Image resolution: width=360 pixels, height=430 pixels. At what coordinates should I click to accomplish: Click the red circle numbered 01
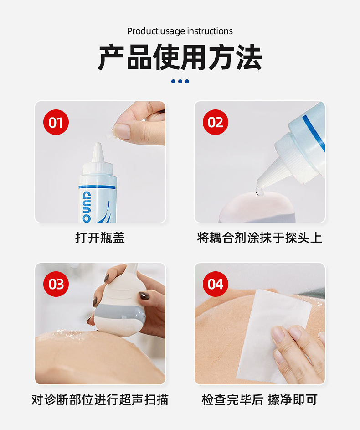56,122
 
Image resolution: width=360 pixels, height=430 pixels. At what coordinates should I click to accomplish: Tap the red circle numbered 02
216,122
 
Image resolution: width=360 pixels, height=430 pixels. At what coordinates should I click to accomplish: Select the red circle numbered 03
56,284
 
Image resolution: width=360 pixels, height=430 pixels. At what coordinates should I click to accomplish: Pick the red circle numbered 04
216,284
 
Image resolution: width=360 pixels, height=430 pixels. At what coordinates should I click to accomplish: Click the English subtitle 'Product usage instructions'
180,31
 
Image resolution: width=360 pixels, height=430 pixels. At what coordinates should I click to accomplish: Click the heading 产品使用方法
180,57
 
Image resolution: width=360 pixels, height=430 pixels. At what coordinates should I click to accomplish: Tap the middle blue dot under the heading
180,81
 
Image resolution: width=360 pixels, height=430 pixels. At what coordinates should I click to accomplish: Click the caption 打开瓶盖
100,238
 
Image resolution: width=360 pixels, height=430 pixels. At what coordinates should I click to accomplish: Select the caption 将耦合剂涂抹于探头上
259,238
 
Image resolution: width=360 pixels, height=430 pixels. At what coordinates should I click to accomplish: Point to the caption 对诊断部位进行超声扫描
100,399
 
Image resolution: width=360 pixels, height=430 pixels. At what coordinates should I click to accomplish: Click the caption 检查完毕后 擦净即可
259,399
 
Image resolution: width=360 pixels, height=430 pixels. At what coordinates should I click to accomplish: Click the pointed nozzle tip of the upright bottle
98,144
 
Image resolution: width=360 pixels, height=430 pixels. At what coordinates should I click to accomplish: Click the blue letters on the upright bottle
87,207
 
